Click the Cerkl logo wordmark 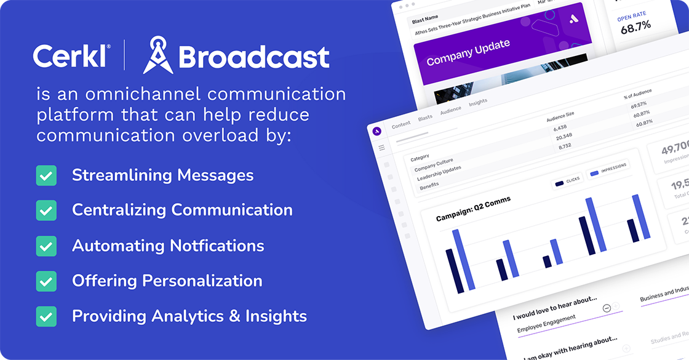coord(71,57)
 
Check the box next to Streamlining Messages coord(46,175)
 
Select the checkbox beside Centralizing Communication coord(46,210)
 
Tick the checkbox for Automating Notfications coord(46,246)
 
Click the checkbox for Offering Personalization coord(46,281)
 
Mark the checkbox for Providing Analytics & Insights coord(46,317)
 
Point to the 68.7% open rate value coord(635,27)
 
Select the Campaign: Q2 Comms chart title coord(473,209)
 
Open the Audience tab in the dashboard coord(450,110)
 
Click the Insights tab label coord(478,102)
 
